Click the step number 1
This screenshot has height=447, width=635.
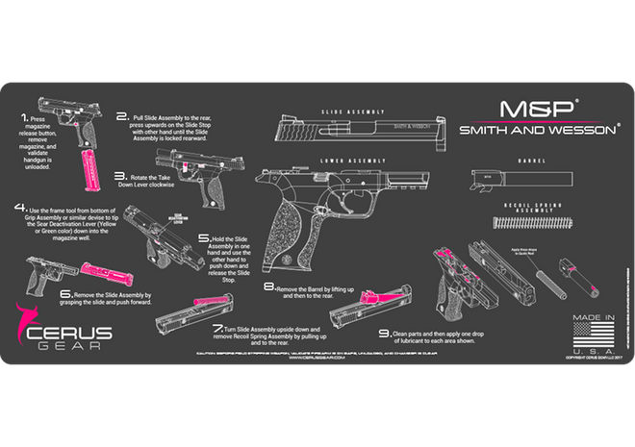25,118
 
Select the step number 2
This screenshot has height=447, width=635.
122,116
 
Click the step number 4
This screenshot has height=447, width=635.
20,207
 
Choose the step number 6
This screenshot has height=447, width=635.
64,293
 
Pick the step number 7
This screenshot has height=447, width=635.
217,328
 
